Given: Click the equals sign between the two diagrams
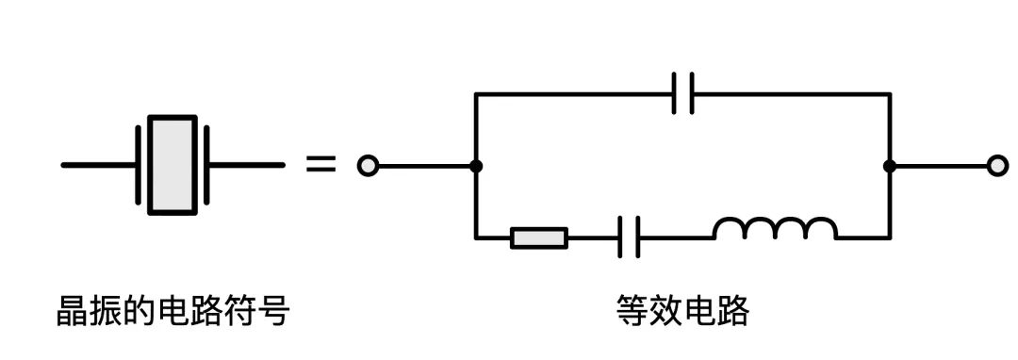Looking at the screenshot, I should coord(320,165).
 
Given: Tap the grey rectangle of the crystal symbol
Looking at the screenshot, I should coord(173,165).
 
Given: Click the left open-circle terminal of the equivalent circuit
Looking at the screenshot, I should coord(368,166).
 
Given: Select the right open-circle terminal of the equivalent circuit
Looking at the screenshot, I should coord(997,166).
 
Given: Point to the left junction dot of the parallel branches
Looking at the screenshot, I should coord(476,166).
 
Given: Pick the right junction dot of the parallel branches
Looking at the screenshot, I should coord(889,166).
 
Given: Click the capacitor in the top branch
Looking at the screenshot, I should coord(683,93).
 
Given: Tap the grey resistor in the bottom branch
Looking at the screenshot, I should coord(539,237).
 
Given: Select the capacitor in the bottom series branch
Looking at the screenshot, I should coord(630,237).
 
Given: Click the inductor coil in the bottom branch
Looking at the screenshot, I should coord(775,229).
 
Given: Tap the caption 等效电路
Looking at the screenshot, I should coord(682,310).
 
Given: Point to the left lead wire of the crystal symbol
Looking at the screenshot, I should coord(99,165).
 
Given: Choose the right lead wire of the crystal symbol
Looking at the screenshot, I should coord(247,165).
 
